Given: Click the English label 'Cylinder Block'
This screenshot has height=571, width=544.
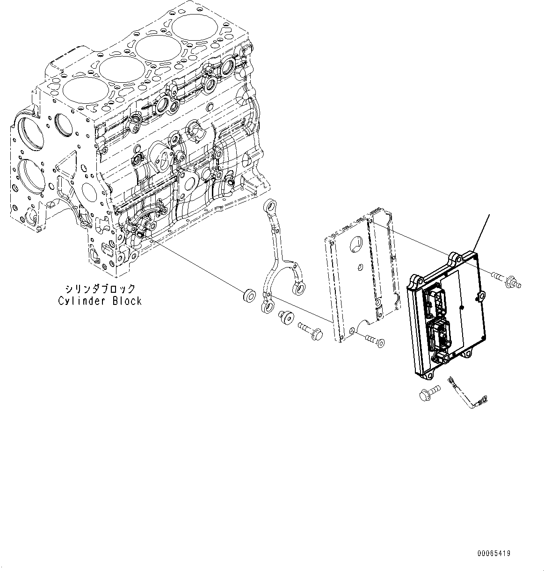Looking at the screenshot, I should point(100,301).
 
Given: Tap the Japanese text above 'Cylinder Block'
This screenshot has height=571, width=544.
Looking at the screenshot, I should point(100,289).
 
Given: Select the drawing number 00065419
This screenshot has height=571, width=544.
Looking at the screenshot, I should point(494,553).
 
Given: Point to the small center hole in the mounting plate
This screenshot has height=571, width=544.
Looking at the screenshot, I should point(359,267).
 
